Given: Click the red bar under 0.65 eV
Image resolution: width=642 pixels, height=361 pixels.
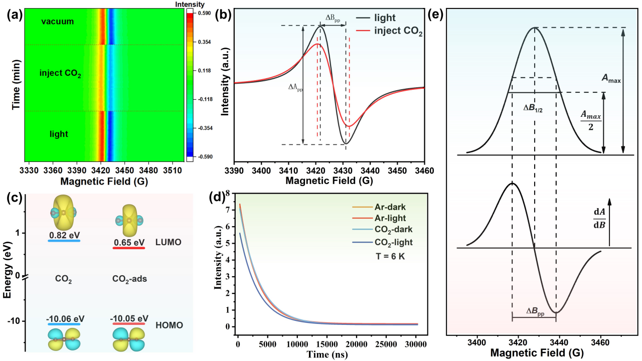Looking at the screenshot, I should point(129,247).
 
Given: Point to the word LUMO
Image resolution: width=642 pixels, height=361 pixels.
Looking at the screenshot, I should point(170,242).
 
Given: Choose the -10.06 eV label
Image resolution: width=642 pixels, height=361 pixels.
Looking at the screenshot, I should point(64,318).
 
